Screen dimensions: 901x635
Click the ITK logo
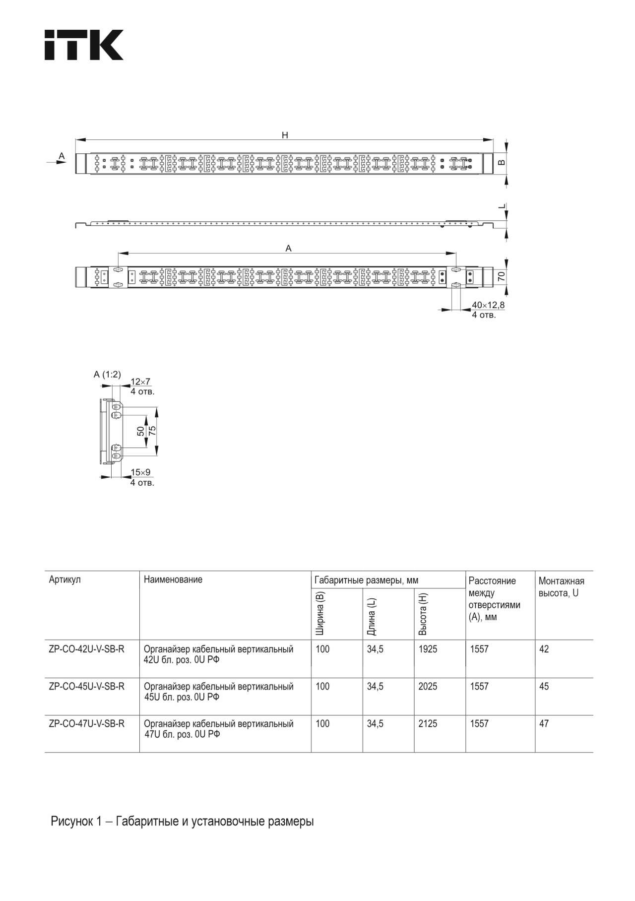pyautogui.click(x=84, y=45)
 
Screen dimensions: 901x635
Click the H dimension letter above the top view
pyautogui.click(x=285, y=135)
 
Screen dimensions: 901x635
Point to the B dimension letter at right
pyautogui.click(x=502, y=162)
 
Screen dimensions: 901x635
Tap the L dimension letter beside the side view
pyautogui.click(x=502, y=206)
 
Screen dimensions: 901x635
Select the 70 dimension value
pyautogui.click(x=502, y=277)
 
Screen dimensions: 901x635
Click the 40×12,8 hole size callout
pyautogui.click(x=488, y=305)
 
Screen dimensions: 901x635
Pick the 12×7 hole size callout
pyautogui.click(x=140, y=382)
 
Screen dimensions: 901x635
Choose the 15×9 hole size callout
pyautogui.click(x=140, y=472)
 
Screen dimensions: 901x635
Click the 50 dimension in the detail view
pyautogui.click(x=141, y=431)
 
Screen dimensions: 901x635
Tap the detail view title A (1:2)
pyautogui.click(x=107, y=375)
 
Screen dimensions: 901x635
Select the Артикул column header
pyautogui.click(x=64, y=579)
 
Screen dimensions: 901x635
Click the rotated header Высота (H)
pyautogui.click(x=423, y=614)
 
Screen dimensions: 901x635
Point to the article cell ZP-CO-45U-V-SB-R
pyautogui.click(x=87, y=687)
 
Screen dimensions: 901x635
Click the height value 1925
pyautogui.click(x=428, y=649)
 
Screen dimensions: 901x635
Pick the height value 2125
pyautogui.click(x=428, y=724)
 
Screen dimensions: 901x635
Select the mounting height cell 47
pyautogui.click(x=544, y=724)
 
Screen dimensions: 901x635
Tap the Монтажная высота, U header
pyautogui.click(x=561, y=587)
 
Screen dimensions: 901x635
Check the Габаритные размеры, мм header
pyautogui.click(x=366, y=580)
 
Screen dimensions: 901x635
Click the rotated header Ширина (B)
pyautogui.click(x=320, y=614)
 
